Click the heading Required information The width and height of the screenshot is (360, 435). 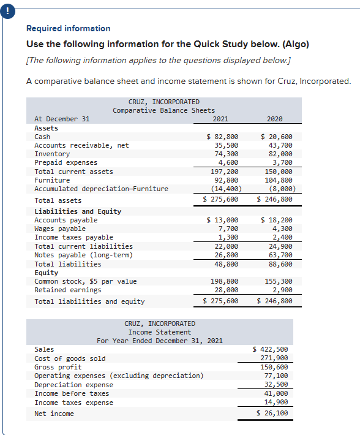click(x=69, y=28)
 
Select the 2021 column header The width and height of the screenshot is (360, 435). click(x=220, y=119)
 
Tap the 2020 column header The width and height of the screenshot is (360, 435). click(x=275, y=119)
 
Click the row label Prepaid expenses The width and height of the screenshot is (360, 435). click(x=66, y=162)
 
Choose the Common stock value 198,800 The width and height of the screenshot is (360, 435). click(x=223, y=281)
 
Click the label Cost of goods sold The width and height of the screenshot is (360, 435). click(x=70, y=358)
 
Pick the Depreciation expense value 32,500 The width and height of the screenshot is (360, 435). click(x=275, y=385)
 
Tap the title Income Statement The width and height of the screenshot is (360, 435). click(x=160, y=332)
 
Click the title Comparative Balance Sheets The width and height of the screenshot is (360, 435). click(x=163, y=110)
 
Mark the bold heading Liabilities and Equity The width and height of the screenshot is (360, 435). click(x=78, y=211)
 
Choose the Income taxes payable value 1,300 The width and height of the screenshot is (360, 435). click(x=228, y=237)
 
